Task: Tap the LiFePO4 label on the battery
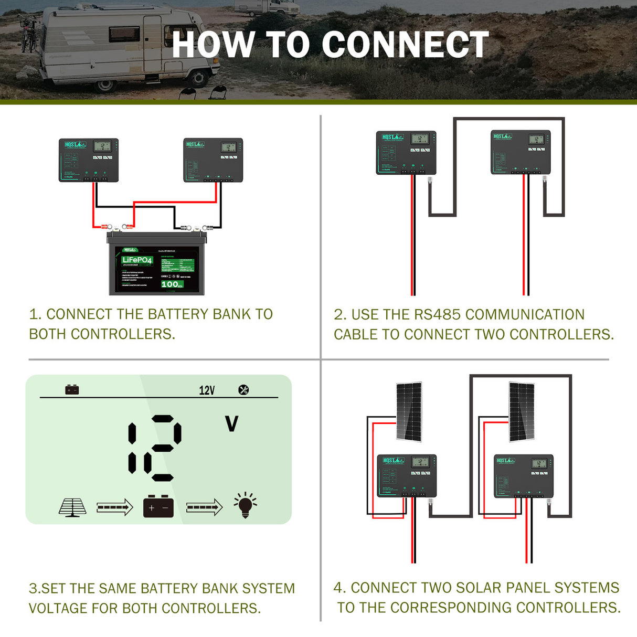tap(137, 260)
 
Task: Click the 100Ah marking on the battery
tap(172, 284)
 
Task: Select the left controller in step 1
tap(88, 160)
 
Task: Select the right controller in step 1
tap(213, 160)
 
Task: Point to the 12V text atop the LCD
tap(207, 390)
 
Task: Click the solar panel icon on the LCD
tap(72, 507)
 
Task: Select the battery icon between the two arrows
tap(158, 507)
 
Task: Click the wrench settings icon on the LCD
tap(243, 390)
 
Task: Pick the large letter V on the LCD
tap(231, 423)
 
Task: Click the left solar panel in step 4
tap(409, 412)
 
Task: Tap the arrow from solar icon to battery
tap(114, 507)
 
